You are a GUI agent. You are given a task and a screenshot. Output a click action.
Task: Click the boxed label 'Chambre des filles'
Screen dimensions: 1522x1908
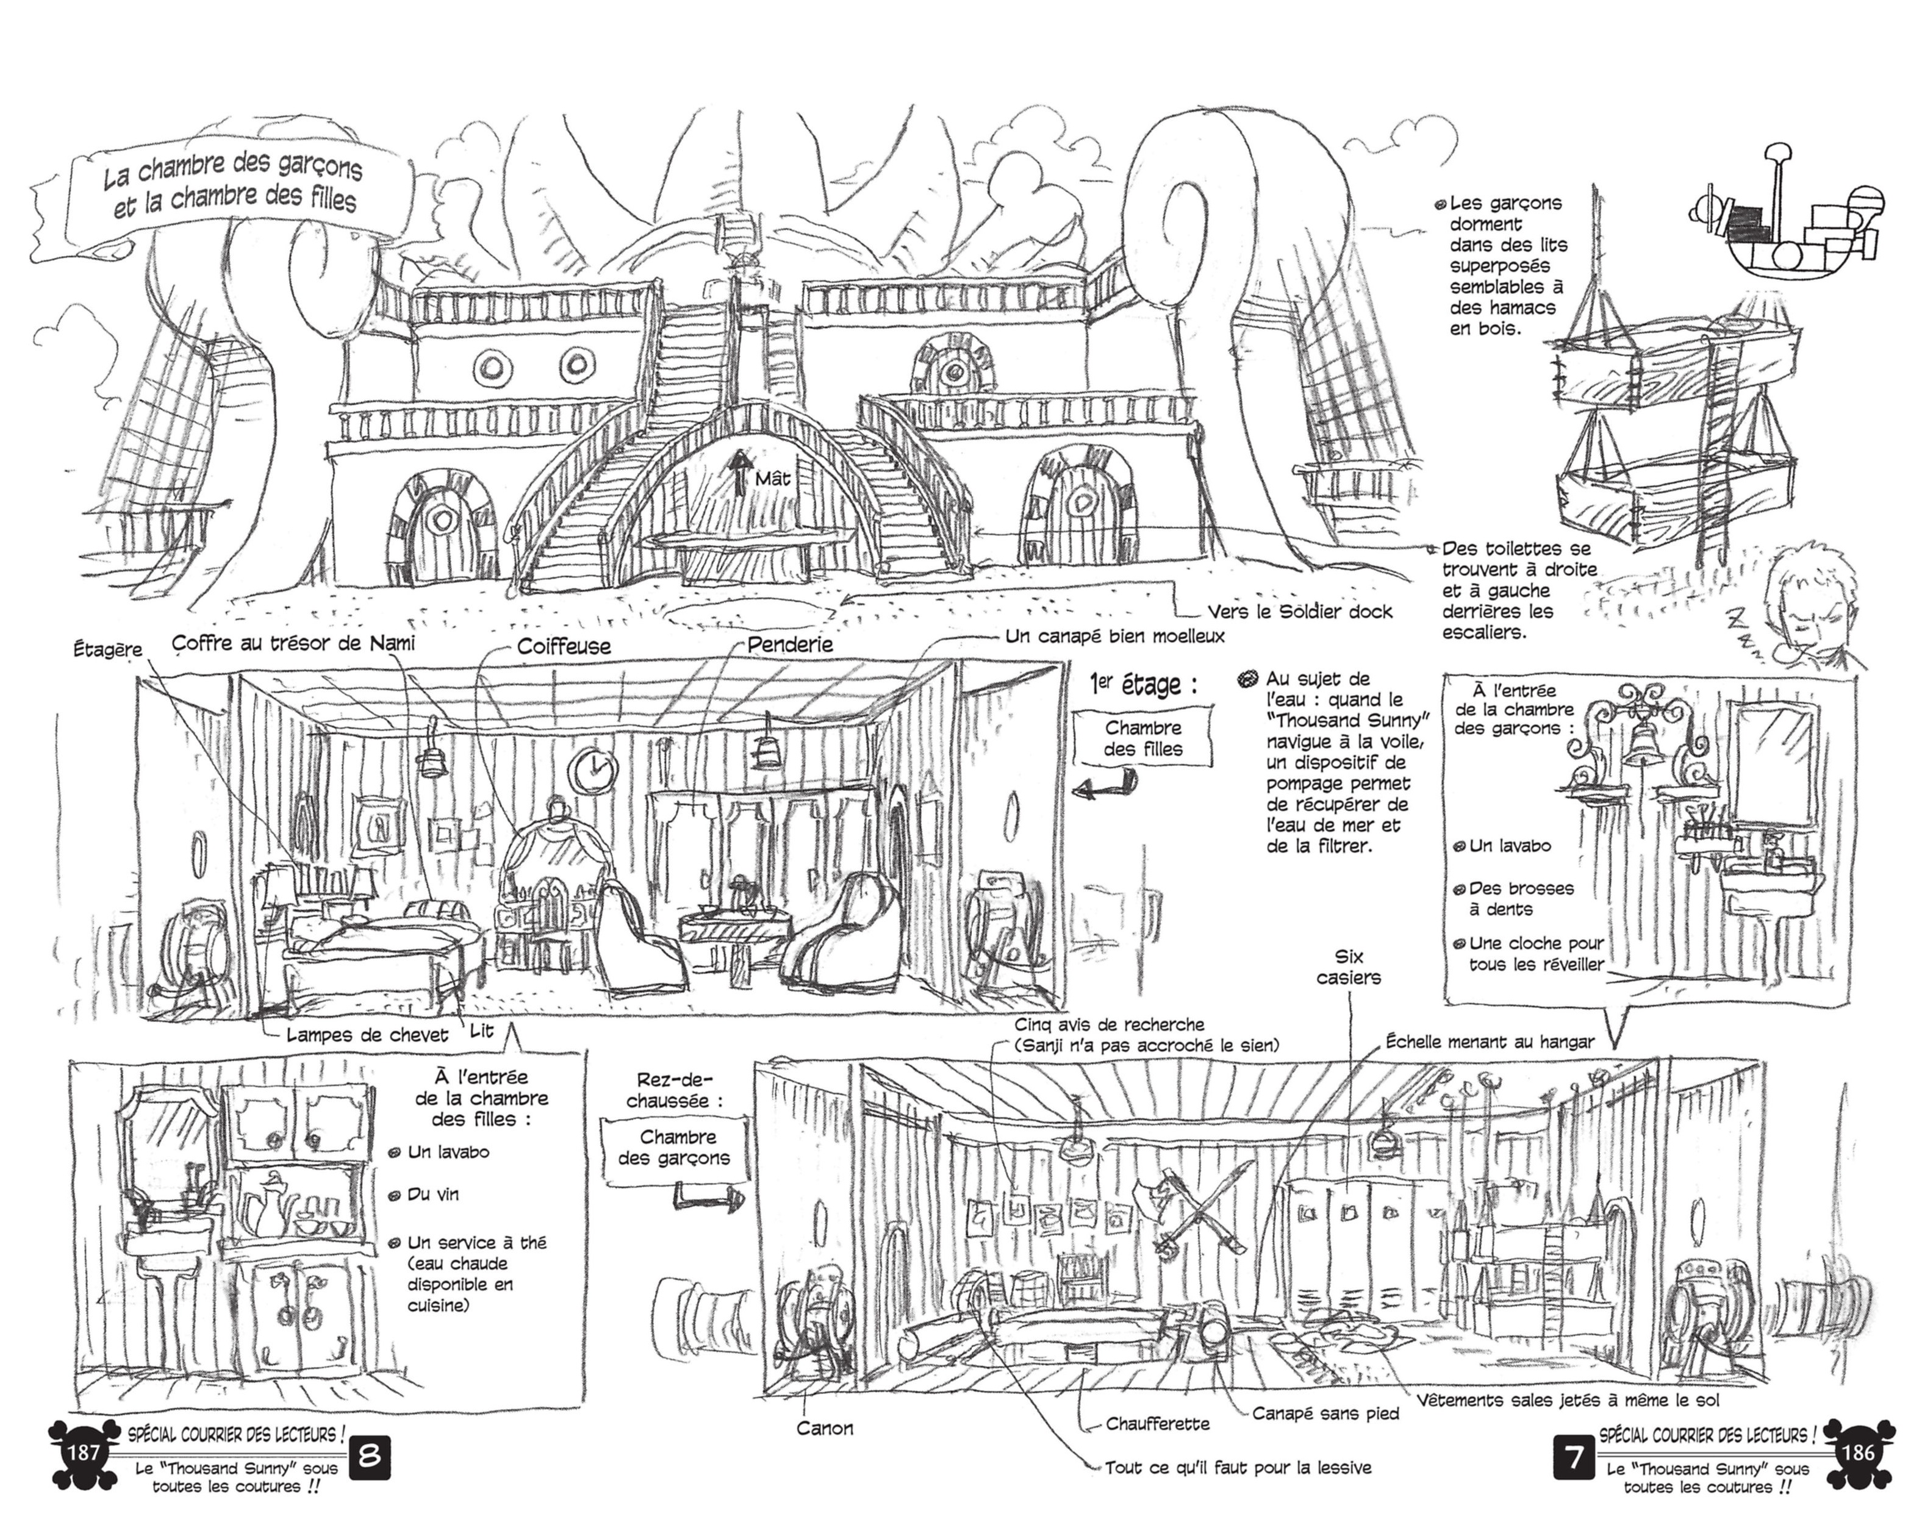pyautogui.click(x=1142, y=738)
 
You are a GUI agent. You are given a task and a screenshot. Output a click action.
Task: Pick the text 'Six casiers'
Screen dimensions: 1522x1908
pyautogui.click(x=1348, y=966)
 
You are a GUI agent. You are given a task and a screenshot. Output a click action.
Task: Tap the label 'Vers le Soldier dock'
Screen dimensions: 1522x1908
pyautogui.click(x=1299, y=612)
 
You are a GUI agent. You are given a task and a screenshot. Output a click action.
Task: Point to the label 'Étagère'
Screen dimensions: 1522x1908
pyautogui.click(x=107, y=649)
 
